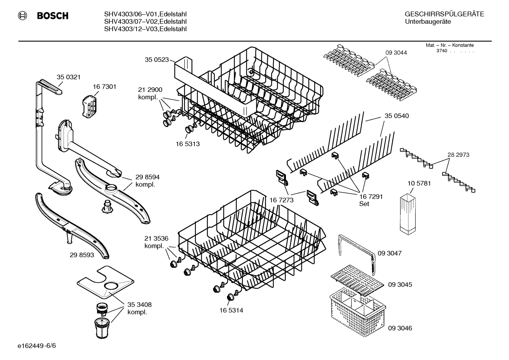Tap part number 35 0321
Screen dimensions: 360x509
(x=68, y=77)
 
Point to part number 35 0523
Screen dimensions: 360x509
(x=157, y=60)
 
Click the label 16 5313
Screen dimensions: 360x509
(x=187, y=144)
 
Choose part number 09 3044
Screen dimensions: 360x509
(x=396, y=53)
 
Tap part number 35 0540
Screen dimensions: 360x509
(x=396, y=116)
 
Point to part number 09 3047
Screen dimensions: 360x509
(x=389, y=253)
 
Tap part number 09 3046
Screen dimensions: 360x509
(x=400, y=328)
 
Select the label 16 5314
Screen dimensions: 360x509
(x=231, y=311)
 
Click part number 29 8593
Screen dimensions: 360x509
(x=82, y=254)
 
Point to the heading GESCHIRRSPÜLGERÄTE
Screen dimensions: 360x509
(x=444, y=14)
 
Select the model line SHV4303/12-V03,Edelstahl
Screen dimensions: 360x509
(x=145, y=29)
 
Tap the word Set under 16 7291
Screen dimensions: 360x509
(x=364, y=204)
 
